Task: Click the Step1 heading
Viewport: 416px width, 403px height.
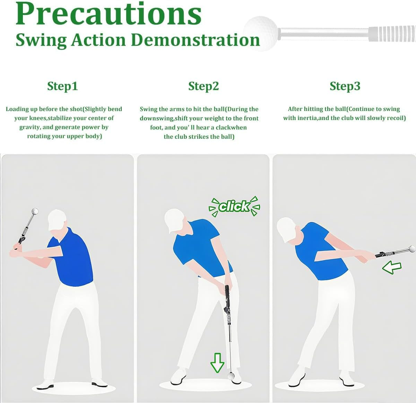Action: click(62, 86)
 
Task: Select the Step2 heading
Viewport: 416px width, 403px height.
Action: click(203, 86)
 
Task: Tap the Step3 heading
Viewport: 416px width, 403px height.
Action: click(345, 86)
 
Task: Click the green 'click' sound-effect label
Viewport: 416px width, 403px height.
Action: click(234, 206)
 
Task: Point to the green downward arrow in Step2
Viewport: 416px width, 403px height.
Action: click(217, 362)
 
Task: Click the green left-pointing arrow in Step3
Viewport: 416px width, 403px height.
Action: click(392, 267)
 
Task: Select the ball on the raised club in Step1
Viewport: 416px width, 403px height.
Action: click(35, 211)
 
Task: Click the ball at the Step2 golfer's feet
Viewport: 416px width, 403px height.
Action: click(230, 376)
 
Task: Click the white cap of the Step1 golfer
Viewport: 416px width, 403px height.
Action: click(56, 219)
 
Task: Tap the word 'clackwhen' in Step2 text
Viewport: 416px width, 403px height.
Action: click(231, 127)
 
